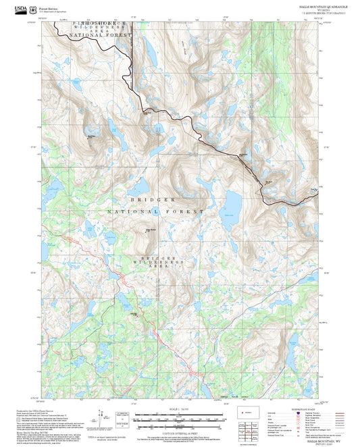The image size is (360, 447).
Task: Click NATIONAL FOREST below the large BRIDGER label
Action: (x=155, y=212)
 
